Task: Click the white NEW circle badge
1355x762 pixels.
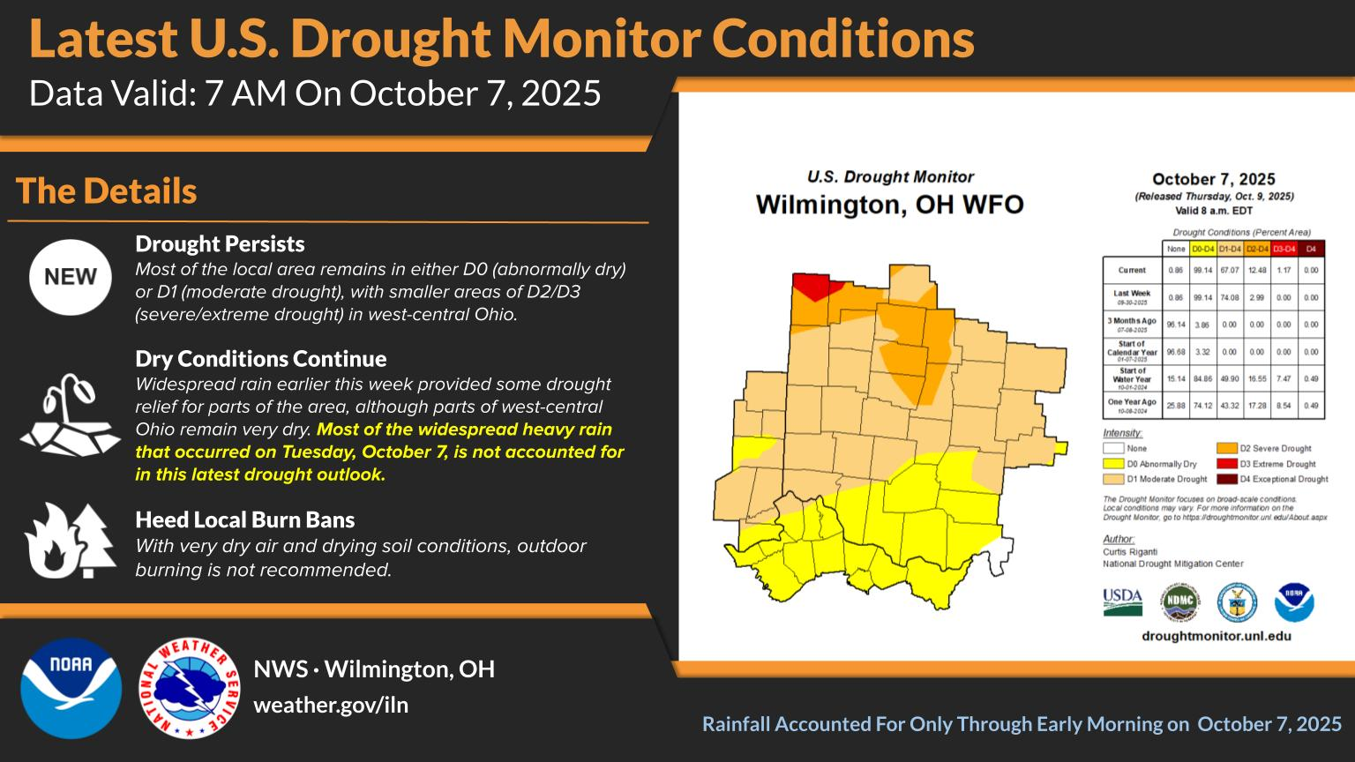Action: point(71,277)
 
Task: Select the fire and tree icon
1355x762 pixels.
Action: point(71,540)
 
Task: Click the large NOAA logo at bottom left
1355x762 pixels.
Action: point(71,688)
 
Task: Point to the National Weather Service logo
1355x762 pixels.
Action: point(190,688)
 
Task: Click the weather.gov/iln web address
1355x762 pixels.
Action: point(331,706)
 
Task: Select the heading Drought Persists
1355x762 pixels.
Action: point(220,244)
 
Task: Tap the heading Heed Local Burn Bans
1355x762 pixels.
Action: point(244,519)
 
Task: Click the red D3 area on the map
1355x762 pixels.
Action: point(811,286)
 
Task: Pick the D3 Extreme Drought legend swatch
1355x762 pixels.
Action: point(1226,464)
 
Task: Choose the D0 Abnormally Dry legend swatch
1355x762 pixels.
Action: point(1113,464)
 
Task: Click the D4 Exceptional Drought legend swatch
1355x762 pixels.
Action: point(1226,479)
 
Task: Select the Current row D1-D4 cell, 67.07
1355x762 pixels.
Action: point(1229,270)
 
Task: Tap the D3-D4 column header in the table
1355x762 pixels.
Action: point(1284,249)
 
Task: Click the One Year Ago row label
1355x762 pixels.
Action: point(1132,405)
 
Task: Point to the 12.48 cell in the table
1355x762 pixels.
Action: point(1256,270)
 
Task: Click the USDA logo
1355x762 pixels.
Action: point(1122,602)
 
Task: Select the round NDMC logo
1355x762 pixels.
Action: point(1179,602)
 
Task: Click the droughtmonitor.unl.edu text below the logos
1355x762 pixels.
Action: point(1216,636)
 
